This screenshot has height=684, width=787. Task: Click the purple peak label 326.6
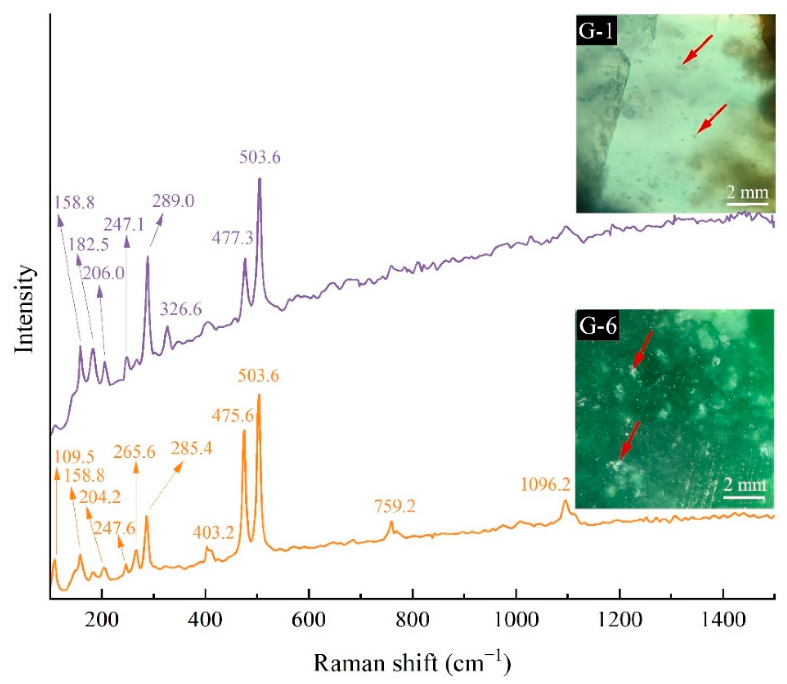coord(180,310)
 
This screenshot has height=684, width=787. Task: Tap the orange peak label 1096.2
coord(545,485)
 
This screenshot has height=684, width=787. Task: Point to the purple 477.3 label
coord(232,239)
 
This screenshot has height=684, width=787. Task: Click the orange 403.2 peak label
coord(213,533)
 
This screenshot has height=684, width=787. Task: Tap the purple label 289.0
coord(173,201)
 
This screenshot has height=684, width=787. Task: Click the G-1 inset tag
coord(596,31)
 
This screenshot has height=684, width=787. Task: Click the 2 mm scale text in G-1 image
coord(747,192)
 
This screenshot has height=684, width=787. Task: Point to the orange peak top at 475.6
coord(244,431)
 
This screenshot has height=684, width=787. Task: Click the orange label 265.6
coord(134,452)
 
